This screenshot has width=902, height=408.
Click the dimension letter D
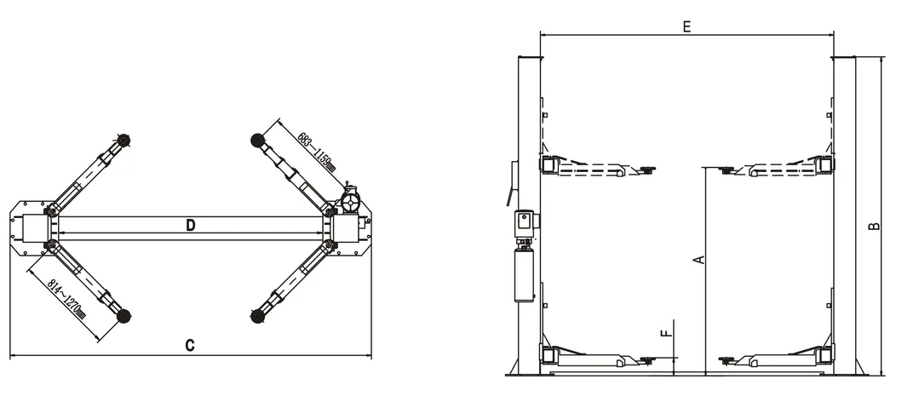tap(192, 226)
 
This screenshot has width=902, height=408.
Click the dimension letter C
tap(191, 346)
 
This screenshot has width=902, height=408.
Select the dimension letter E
tap(687, 26)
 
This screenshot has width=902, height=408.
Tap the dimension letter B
tap(873, 227)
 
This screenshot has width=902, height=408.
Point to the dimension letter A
tap(698, 259)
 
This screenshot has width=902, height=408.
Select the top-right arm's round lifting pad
tap(255, 140)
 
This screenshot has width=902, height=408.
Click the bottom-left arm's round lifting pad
tap(124, 316)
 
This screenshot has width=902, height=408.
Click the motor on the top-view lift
tap(350, 203)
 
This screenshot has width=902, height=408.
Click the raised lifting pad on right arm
tap(727, 170)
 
